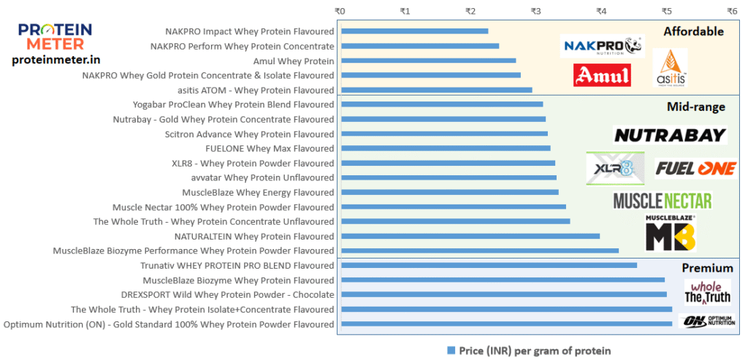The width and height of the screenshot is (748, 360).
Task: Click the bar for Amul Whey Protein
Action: click(428, 61)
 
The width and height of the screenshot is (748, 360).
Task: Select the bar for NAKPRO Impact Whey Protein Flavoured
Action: click(414, 31)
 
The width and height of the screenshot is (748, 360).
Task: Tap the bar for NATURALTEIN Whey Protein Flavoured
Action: click(470, 236)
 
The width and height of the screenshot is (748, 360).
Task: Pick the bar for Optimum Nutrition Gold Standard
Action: click(506, 323)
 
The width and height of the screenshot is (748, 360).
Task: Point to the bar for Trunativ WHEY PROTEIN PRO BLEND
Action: click(489, 265)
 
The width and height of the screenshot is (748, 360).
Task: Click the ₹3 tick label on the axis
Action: click(535, 11)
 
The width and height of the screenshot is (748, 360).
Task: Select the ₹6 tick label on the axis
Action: click(731, 11)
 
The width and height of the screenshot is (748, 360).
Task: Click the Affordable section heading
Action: click(693, 31)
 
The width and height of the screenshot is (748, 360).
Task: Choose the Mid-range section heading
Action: click(695, 107)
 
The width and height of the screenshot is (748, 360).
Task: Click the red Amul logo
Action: click(602, 75)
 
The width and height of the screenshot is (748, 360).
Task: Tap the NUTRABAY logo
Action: click(670, 135)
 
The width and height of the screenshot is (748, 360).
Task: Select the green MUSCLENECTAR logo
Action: click(662, 200)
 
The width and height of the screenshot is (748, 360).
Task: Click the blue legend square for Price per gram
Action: click(451, 350)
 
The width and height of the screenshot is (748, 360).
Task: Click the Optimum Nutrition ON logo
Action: click(707, 321)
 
